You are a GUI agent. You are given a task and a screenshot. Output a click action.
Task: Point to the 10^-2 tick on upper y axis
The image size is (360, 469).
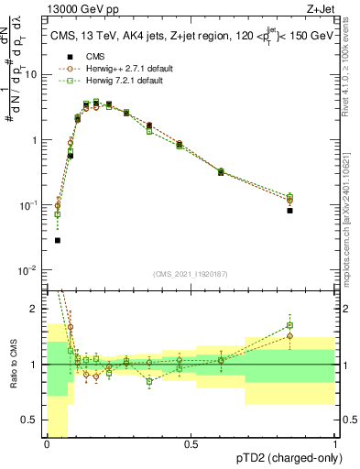click(31, 270)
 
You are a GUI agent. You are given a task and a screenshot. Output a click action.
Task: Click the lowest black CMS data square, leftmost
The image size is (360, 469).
click(58, 240)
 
